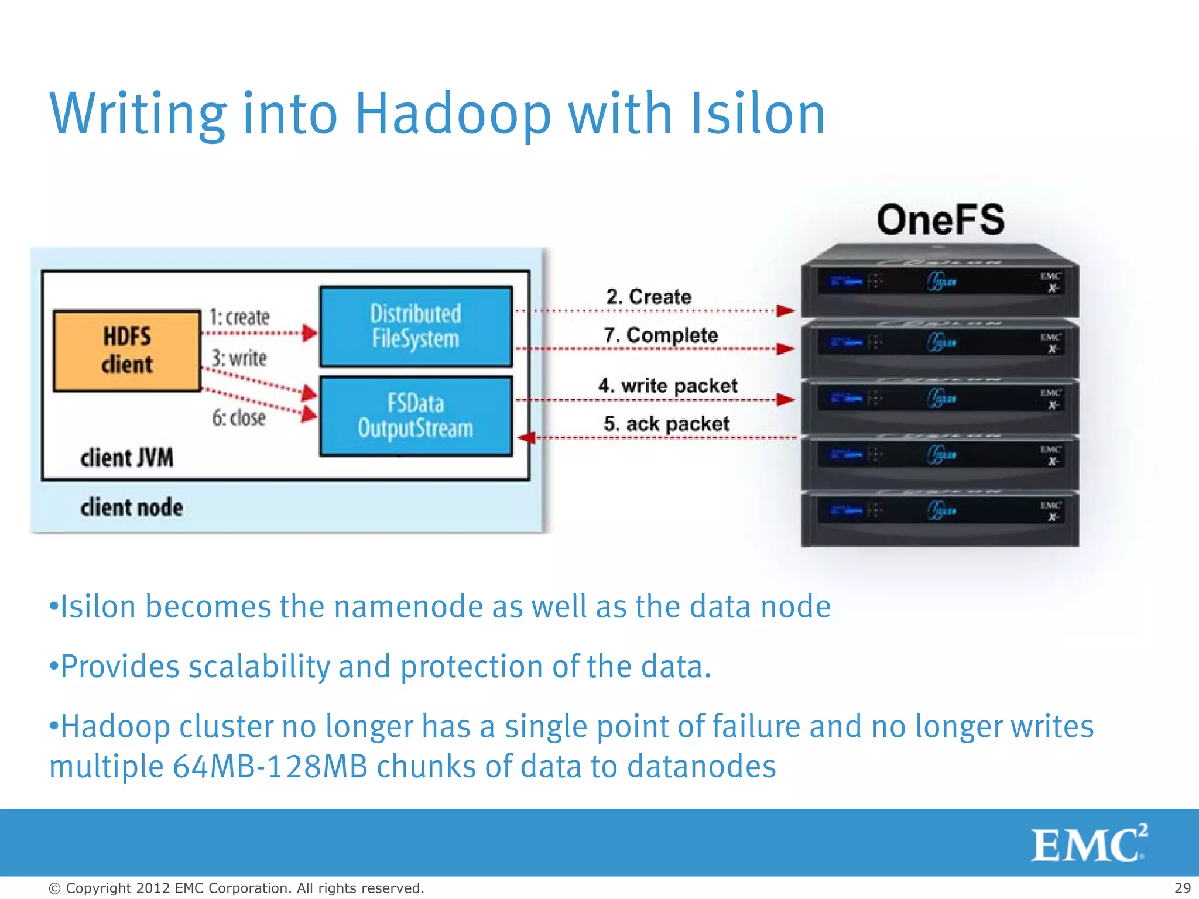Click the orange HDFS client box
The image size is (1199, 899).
coord(126,351)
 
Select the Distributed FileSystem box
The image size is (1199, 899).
coord(416,327)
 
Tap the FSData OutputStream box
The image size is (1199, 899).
coord(416,416)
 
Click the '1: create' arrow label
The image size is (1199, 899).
coord(239,317)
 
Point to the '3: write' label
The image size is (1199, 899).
coord(239,358)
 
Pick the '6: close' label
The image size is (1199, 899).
coord(239,418)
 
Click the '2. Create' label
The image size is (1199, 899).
coord(649,297)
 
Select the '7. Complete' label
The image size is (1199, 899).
coord(660,335)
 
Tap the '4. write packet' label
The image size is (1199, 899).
coord(667,386)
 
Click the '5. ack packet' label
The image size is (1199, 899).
coord(666,424)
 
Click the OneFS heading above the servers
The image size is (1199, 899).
coord(940,220)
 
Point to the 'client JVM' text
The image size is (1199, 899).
coord(126,458)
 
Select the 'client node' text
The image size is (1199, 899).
coord(131,507)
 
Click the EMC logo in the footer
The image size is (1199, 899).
coord(1088,843)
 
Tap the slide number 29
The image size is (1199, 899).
coord(1182,888)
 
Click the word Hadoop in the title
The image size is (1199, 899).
coord(453,114)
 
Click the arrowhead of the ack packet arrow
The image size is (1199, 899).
coord(526,437)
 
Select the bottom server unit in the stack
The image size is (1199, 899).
coord(940,518)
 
